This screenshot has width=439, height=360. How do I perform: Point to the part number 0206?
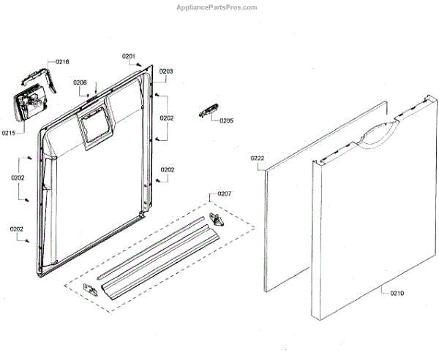(80, 83)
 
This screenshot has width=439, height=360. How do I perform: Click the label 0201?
(129, 56)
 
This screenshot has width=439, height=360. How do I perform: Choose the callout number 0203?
(166, 71)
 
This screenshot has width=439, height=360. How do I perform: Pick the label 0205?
(227, 120)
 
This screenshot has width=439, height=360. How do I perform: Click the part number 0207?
(225, 194)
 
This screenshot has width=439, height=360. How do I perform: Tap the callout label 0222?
(257, 158)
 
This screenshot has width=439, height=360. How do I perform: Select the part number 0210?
(396, 294)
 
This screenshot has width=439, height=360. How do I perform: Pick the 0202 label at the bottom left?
(16, 229)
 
